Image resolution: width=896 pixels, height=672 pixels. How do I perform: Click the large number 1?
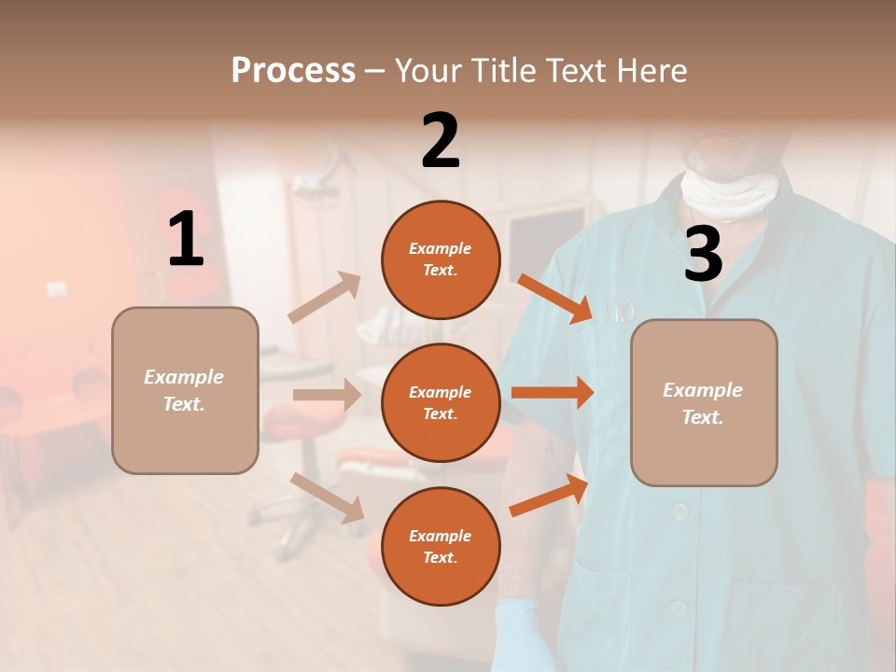[186, 240]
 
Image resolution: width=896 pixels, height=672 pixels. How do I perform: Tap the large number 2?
[440, 141]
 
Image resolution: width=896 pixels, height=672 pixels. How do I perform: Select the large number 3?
[703, 254]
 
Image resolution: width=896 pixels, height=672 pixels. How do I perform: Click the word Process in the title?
[293, 71]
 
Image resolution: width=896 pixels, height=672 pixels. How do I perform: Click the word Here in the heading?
[651, 71]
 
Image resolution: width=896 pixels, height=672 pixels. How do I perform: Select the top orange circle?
[441, 259]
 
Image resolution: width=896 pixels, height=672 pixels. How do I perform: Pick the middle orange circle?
[441, 402]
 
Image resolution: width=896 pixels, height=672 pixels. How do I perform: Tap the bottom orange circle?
[441, 546]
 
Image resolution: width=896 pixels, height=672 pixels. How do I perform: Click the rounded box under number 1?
[185, 390]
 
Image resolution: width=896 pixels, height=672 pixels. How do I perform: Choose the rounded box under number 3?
[704, 402]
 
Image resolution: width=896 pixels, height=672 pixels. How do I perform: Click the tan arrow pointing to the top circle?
[326, 297]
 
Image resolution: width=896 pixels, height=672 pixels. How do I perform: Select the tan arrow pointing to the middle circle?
[327, 395]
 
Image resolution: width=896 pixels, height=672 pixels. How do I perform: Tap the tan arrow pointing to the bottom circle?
[328, 497]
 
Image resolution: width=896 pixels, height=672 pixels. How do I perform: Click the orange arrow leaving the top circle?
[554, 299]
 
